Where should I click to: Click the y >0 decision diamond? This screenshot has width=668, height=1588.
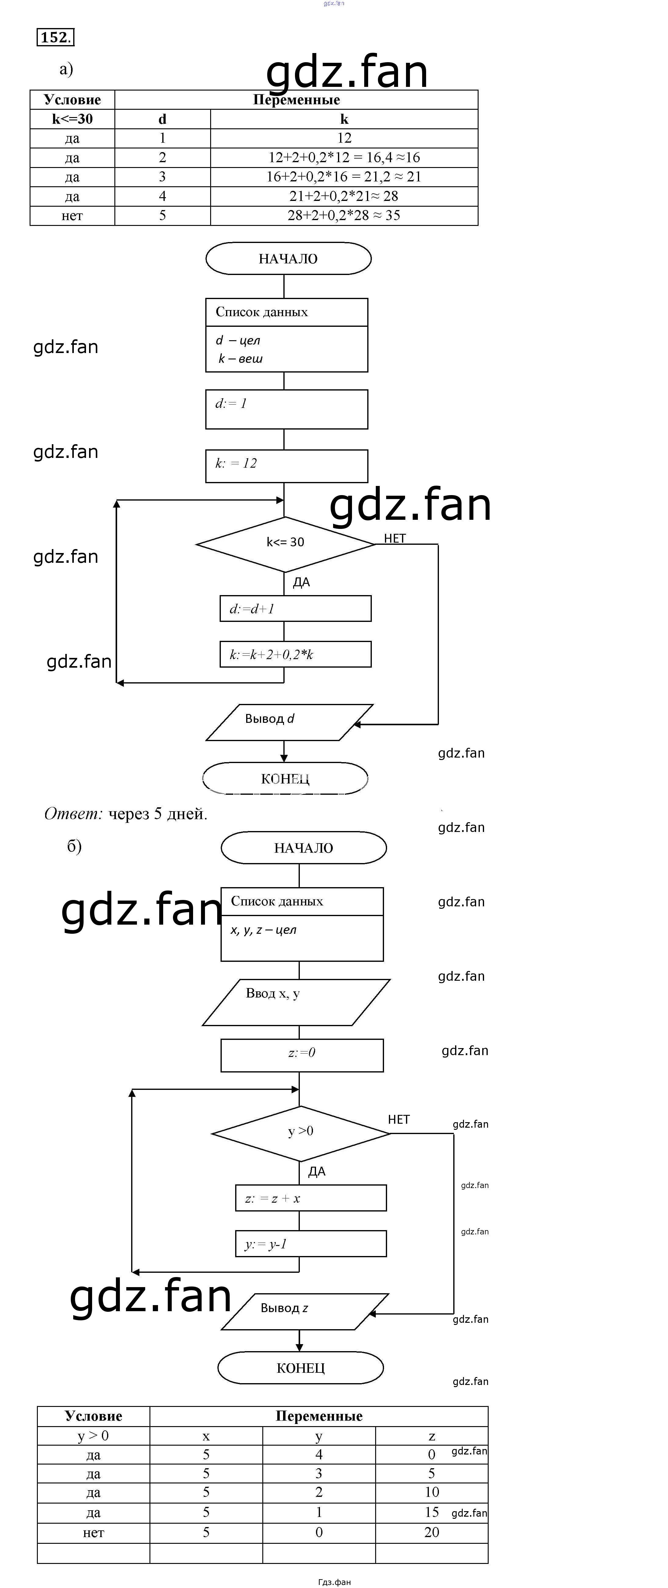300,1132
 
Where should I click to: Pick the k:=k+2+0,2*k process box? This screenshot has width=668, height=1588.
296,655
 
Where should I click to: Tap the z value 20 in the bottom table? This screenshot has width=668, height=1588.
432,1533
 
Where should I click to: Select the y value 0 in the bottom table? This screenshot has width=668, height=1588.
319,1533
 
